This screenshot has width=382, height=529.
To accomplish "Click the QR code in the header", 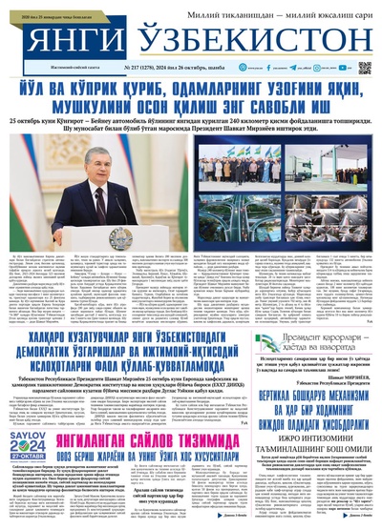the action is click(364, 69).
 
